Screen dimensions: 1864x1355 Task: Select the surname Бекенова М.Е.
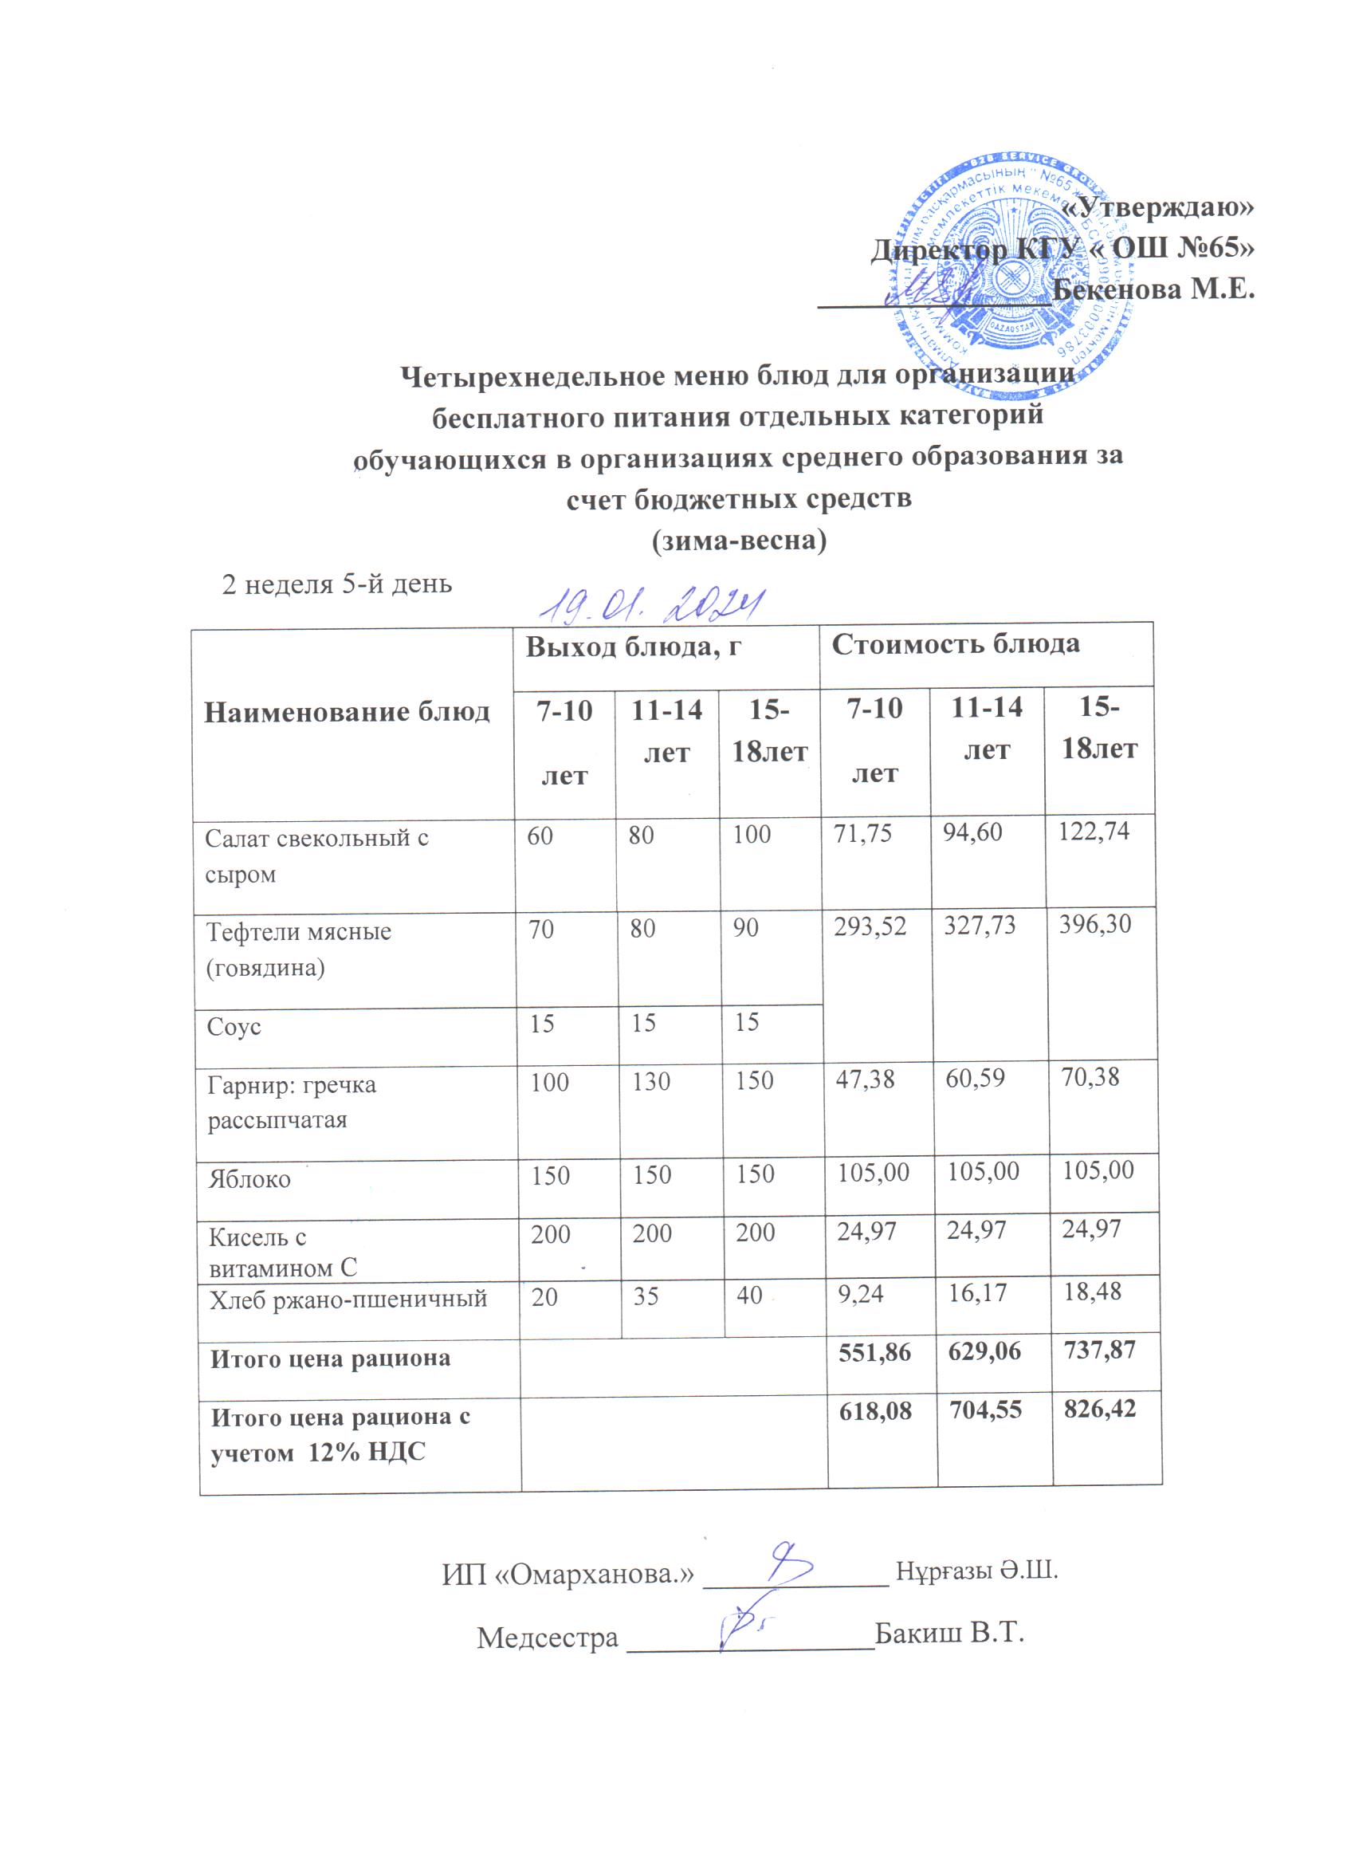[1153, 289]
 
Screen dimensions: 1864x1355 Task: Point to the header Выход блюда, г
[634, 647]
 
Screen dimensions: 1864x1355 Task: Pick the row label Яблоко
[249, 1179]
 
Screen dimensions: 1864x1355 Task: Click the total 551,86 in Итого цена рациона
[874, 1352]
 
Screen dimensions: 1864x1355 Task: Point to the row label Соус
[234, 1028]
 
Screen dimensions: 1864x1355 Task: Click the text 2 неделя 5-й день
[337, 584]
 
